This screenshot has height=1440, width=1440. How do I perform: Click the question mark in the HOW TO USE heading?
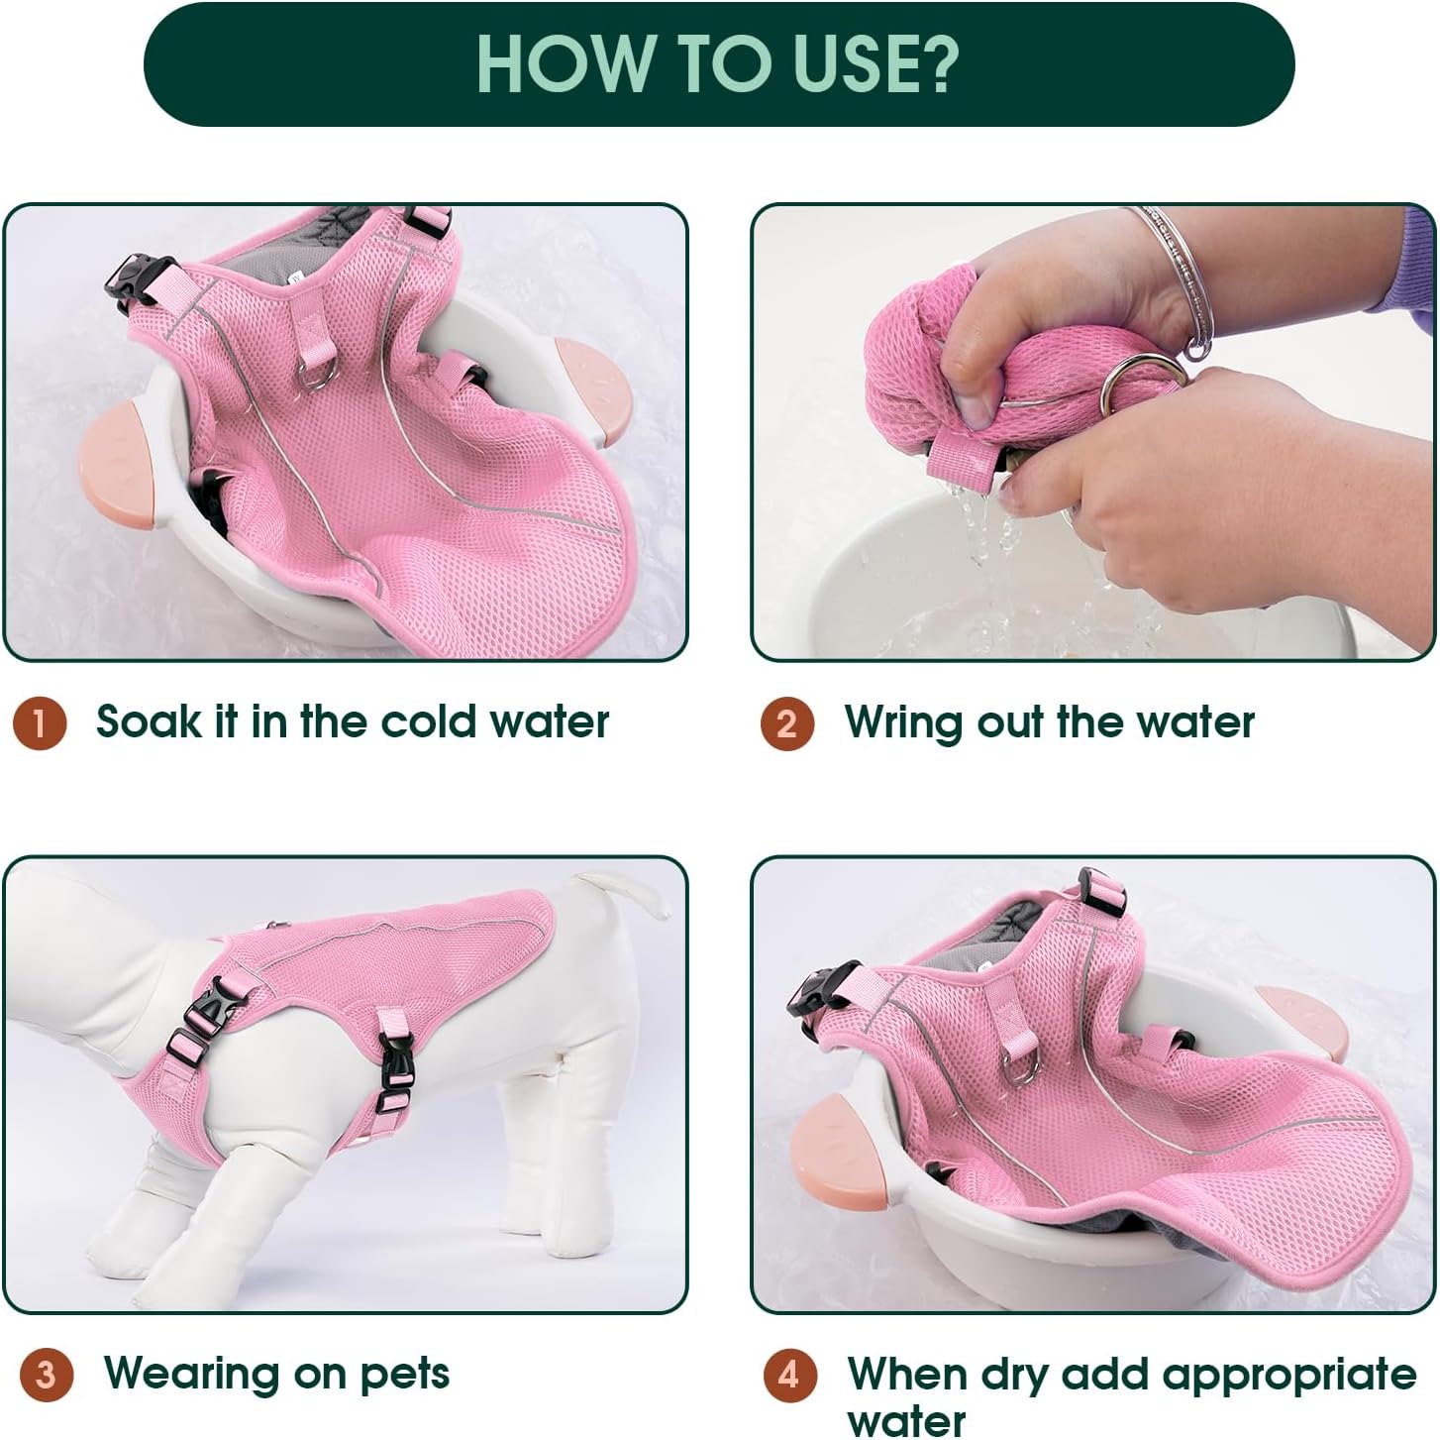click(934, 63)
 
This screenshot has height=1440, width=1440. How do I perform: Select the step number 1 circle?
click(41, 723)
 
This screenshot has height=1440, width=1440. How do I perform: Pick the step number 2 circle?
click(787, 723)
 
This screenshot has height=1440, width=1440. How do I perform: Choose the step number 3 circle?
click(47, 1375)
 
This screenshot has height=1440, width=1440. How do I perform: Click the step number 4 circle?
click(790, 1375)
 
